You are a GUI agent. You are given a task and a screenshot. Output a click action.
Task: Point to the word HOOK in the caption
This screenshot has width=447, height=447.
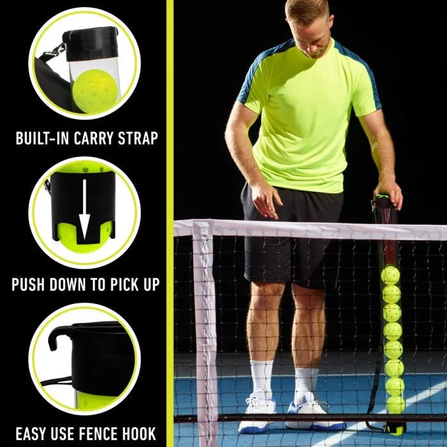point(138,433)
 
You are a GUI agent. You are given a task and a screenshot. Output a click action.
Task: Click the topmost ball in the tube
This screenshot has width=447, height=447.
point(390,275)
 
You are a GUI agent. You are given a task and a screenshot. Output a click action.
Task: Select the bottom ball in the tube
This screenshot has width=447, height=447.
point(395,405)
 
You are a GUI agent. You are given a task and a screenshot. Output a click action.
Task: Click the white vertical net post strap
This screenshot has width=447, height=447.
point(205,332)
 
